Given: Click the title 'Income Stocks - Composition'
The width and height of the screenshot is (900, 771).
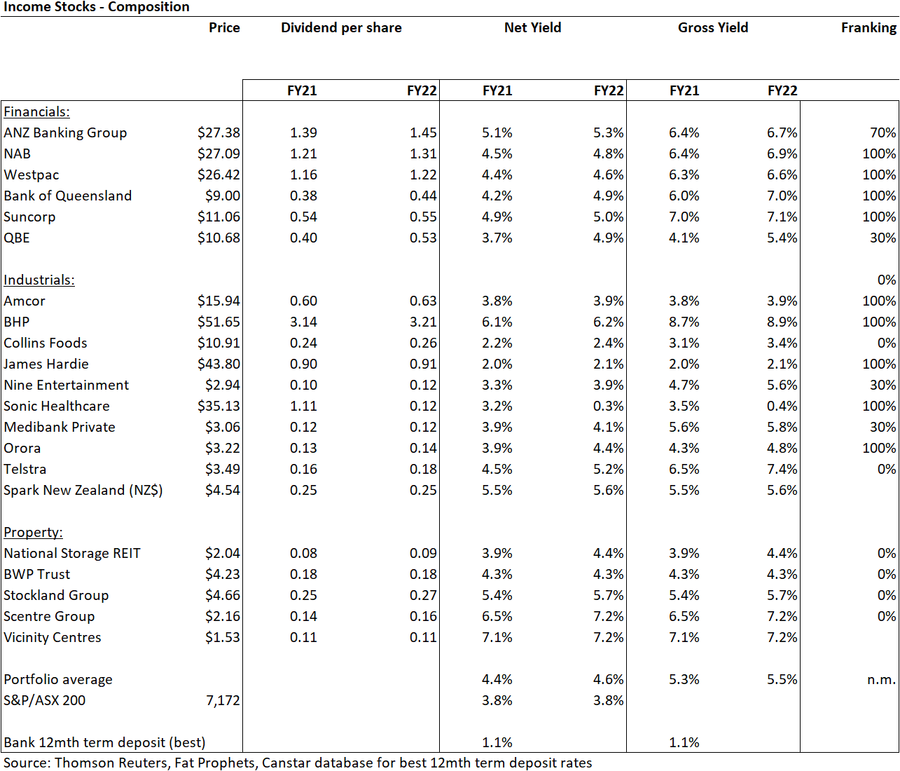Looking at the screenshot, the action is (96, 7).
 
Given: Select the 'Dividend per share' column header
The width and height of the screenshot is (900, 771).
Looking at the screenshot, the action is (341, 28).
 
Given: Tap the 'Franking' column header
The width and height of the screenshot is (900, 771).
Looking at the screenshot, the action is (868, 28).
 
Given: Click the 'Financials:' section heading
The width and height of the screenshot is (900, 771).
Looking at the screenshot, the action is (36, 112).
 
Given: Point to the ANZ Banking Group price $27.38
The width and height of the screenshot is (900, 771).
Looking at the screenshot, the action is (219, 132).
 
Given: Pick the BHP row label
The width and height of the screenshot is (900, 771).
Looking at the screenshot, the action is (17, 322).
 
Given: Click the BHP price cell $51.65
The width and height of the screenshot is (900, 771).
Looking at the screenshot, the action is (219, 322).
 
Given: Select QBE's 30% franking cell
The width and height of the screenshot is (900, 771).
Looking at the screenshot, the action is (882, 238).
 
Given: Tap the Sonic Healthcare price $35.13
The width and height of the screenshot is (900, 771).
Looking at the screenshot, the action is (219, 406).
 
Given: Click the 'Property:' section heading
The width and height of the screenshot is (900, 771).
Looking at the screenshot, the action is (33, 532).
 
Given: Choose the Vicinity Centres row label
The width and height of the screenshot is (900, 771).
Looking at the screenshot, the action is (53, 637).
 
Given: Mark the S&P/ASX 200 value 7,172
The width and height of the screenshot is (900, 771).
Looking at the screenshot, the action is (223, 700).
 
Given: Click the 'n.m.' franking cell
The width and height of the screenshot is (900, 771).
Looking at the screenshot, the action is (881, 679).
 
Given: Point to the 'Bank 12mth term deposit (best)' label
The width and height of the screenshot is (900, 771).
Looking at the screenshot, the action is (104, 742).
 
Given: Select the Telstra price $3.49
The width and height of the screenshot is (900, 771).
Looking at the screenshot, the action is (223, 469).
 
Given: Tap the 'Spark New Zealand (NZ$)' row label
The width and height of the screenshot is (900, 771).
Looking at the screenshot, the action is (83, 490).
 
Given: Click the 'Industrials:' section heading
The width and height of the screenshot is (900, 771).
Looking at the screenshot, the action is (39, 280).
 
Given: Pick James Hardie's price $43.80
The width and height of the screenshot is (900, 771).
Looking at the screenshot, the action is (219, 364).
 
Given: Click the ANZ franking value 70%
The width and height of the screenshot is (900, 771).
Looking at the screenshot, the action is (882, 132).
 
